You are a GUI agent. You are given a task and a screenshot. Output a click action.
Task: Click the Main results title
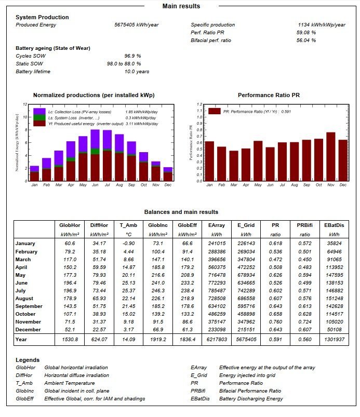[181, 6]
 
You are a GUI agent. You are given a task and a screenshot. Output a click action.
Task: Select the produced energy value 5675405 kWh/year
[137, 25]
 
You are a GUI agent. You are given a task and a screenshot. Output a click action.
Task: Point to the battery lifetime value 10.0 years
[130, 71]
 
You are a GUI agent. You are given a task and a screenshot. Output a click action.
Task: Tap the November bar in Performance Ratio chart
[330, 157]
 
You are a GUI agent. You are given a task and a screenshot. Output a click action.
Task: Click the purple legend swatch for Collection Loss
[39, 112]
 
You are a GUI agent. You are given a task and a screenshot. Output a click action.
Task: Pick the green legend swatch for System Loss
[39, 118]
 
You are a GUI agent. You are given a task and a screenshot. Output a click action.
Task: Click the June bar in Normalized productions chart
[95, 156]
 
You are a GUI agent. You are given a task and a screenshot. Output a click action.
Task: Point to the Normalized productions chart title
[94, 96]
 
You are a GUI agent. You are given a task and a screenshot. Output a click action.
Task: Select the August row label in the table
[24, 299]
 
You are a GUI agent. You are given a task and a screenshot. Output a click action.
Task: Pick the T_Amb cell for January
[127, 243]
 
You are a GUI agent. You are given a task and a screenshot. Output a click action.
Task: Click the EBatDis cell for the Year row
[334, 340]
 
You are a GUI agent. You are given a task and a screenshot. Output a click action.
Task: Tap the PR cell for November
[275, 321]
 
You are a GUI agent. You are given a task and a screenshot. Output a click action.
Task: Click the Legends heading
[28, 360]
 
